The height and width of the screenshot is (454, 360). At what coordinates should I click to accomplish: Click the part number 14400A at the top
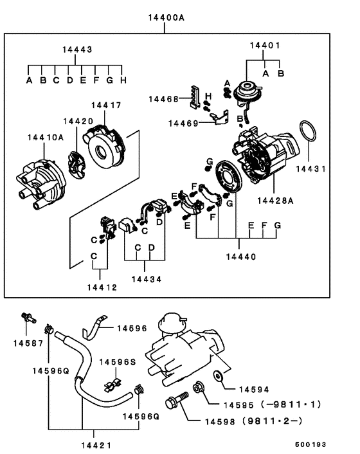[x=163, y=17]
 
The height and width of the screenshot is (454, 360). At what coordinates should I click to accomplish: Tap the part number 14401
[x=265, y=46]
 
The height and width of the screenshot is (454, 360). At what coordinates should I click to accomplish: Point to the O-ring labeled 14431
[x=310, y=134]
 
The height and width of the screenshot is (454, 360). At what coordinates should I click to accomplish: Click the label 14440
[x=240, y=256]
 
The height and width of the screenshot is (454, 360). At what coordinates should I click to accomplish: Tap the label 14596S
[x=120, y=362]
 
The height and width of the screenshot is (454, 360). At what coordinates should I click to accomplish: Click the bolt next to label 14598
[x=174, y=406]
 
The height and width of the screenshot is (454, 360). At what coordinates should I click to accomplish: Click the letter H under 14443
[x=123, y=80]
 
